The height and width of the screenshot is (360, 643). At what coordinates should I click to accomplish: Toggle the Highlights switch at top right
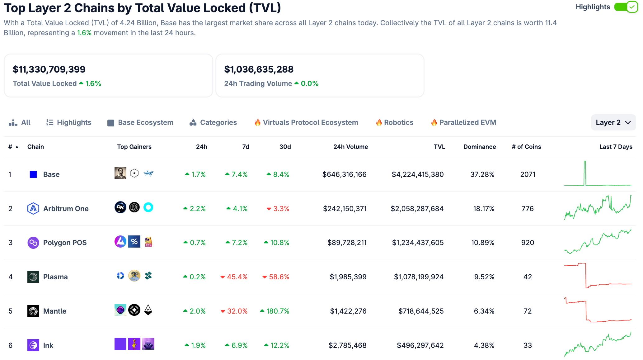click(x=626, y=7)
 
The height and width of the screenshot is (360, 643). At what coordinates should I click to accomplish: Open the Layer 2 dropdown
click(x=613, y=122)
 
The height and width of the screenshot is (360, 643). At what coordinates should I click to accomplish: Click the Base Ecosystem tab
click(x=140, y=122)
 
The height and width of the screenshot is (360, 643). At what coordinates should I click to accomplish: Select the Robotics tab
click(x=395, y=122)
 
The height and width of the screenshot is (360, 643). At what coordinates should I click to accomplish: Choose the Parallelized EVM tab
click(x=464, y=122)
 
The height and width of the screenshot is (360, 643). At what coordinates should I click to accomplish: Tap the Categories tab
click(x=213, y=122)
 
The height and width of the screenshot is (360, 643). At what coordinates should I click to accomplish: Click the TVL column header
click(x=439, y=147)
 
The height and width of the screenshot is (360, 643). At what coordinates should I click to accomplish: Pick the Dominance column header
click(x=479, y=147)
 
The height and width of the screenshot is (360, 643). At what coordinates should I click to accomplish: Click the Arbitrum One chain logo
click(x=33, y=209)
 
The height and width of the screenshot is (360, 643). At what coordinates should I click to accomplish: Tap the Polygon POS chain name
click(x=65, y=243)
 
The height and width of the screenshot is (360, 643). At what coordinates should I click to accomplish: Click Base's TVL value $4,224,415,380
click(x=417, y=174)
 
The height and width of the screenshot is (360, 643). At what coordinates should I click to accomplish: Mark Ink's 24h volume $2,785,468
click(x=347, y=345)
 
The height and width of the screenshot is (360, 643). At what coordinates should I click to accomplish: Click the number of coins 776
click(x=528, y=209)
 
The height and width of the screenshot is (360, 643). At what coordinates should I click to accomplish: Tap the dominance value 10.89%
click(x=482, y=243)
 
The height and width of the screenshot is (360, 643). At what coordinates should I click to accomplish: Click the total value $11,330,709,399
click(x=49, y=69)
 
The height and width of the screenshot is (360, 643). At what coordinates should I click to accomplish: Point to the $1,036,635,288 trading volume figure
click(x=259, y=69)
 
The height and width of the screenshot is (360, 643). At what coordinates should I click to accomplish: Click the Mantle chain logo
click(x=33, y=311)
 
